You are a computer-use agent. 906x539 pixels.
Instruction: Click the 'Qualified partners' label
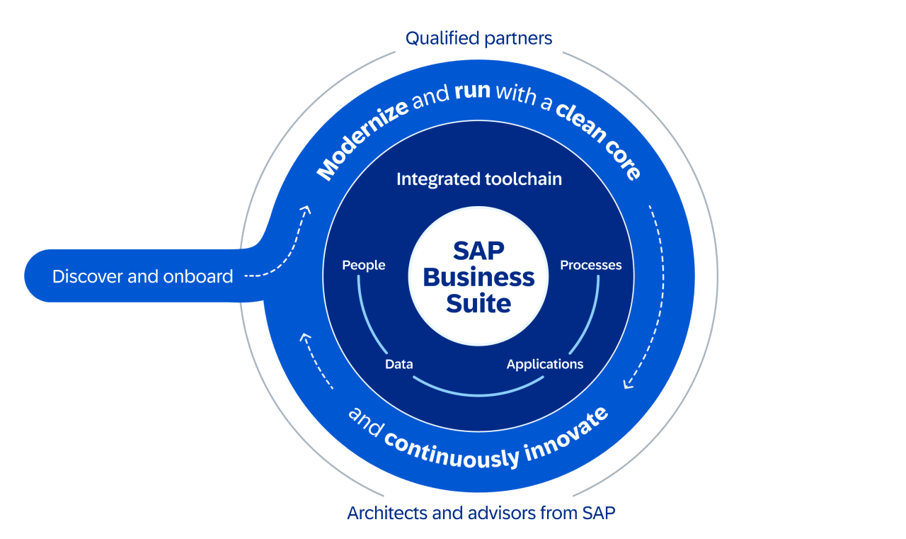478,38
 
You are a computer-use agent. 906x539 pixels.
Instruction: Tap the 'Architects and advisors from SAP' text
481,513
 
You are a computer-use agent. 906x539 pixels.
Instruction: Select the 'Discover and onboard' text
142,276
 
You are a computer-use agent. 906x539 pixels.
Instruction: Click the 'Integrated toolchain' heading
478,179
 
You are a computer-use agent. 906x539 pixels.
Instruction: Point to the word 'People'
364,266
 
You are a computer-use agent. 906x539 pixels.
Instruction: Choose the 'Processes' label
590,266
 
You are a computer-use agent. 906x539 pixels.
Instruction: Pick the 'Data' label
398,365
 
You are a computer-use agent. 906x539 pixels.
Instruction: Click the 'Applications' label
544,365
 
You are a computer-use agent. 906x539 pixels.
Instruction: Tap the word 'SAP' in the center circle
478,251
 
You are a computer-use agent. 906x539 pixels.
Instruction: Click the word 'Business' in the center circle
478,277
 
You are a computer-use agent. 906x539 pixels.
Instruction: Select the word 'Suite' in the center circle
478,303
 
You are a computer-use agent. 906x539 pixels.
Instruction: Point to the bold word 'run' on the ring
472,92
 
